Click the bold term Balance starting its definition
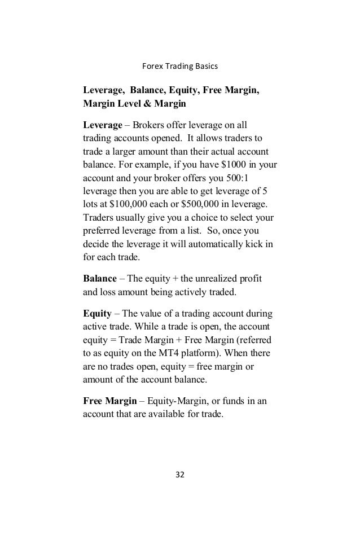pos(100,279)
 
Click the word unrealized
pos(210,279)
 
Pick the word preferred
pos(102,231)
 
